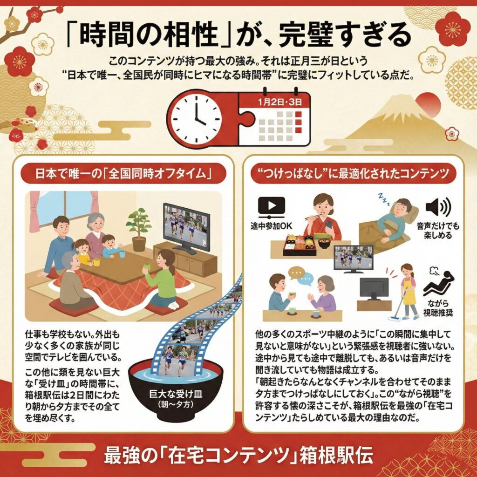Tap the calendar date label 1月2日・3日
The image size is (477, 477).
(x=280, y=102)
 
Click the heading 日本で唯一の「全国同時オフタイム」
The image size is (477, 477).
(x=123, y=174)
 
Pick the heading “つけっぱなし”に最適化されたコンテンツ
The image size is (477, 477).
(x=353, y=174)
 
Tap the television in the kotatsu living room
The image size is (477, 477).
(x=186, y=228)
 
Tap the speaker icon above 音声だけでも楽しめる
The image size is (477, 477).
(x=438, y=207)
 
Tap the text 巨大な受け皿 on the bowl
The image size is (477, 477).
(x=176, y=394)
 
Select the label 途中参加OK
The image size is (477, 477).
(x=271, y=226)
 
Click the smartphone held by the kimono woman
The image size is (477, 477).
(x=328, y=226)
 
